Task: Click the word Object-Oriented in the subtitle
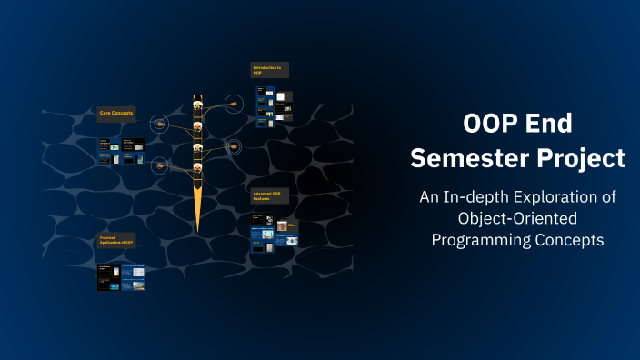(x=517, y=218)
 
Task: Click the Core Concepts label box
(x=116, y=114)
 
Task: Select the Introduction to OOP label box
(x=268, y=70)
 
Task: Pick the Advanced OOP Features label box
(x=268, y=196)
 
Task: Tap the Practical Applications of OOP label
(x=117, y=240)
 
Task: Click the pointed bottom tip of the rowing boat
(x=196, y=226)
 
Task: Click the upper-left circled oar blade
(x=160, y=123)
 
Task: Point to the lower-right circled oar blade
(x=234, y=145)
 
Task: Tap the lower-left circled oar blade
(x=160, y=165)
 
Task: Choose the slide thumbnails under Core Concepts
(x=121, y=151)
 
